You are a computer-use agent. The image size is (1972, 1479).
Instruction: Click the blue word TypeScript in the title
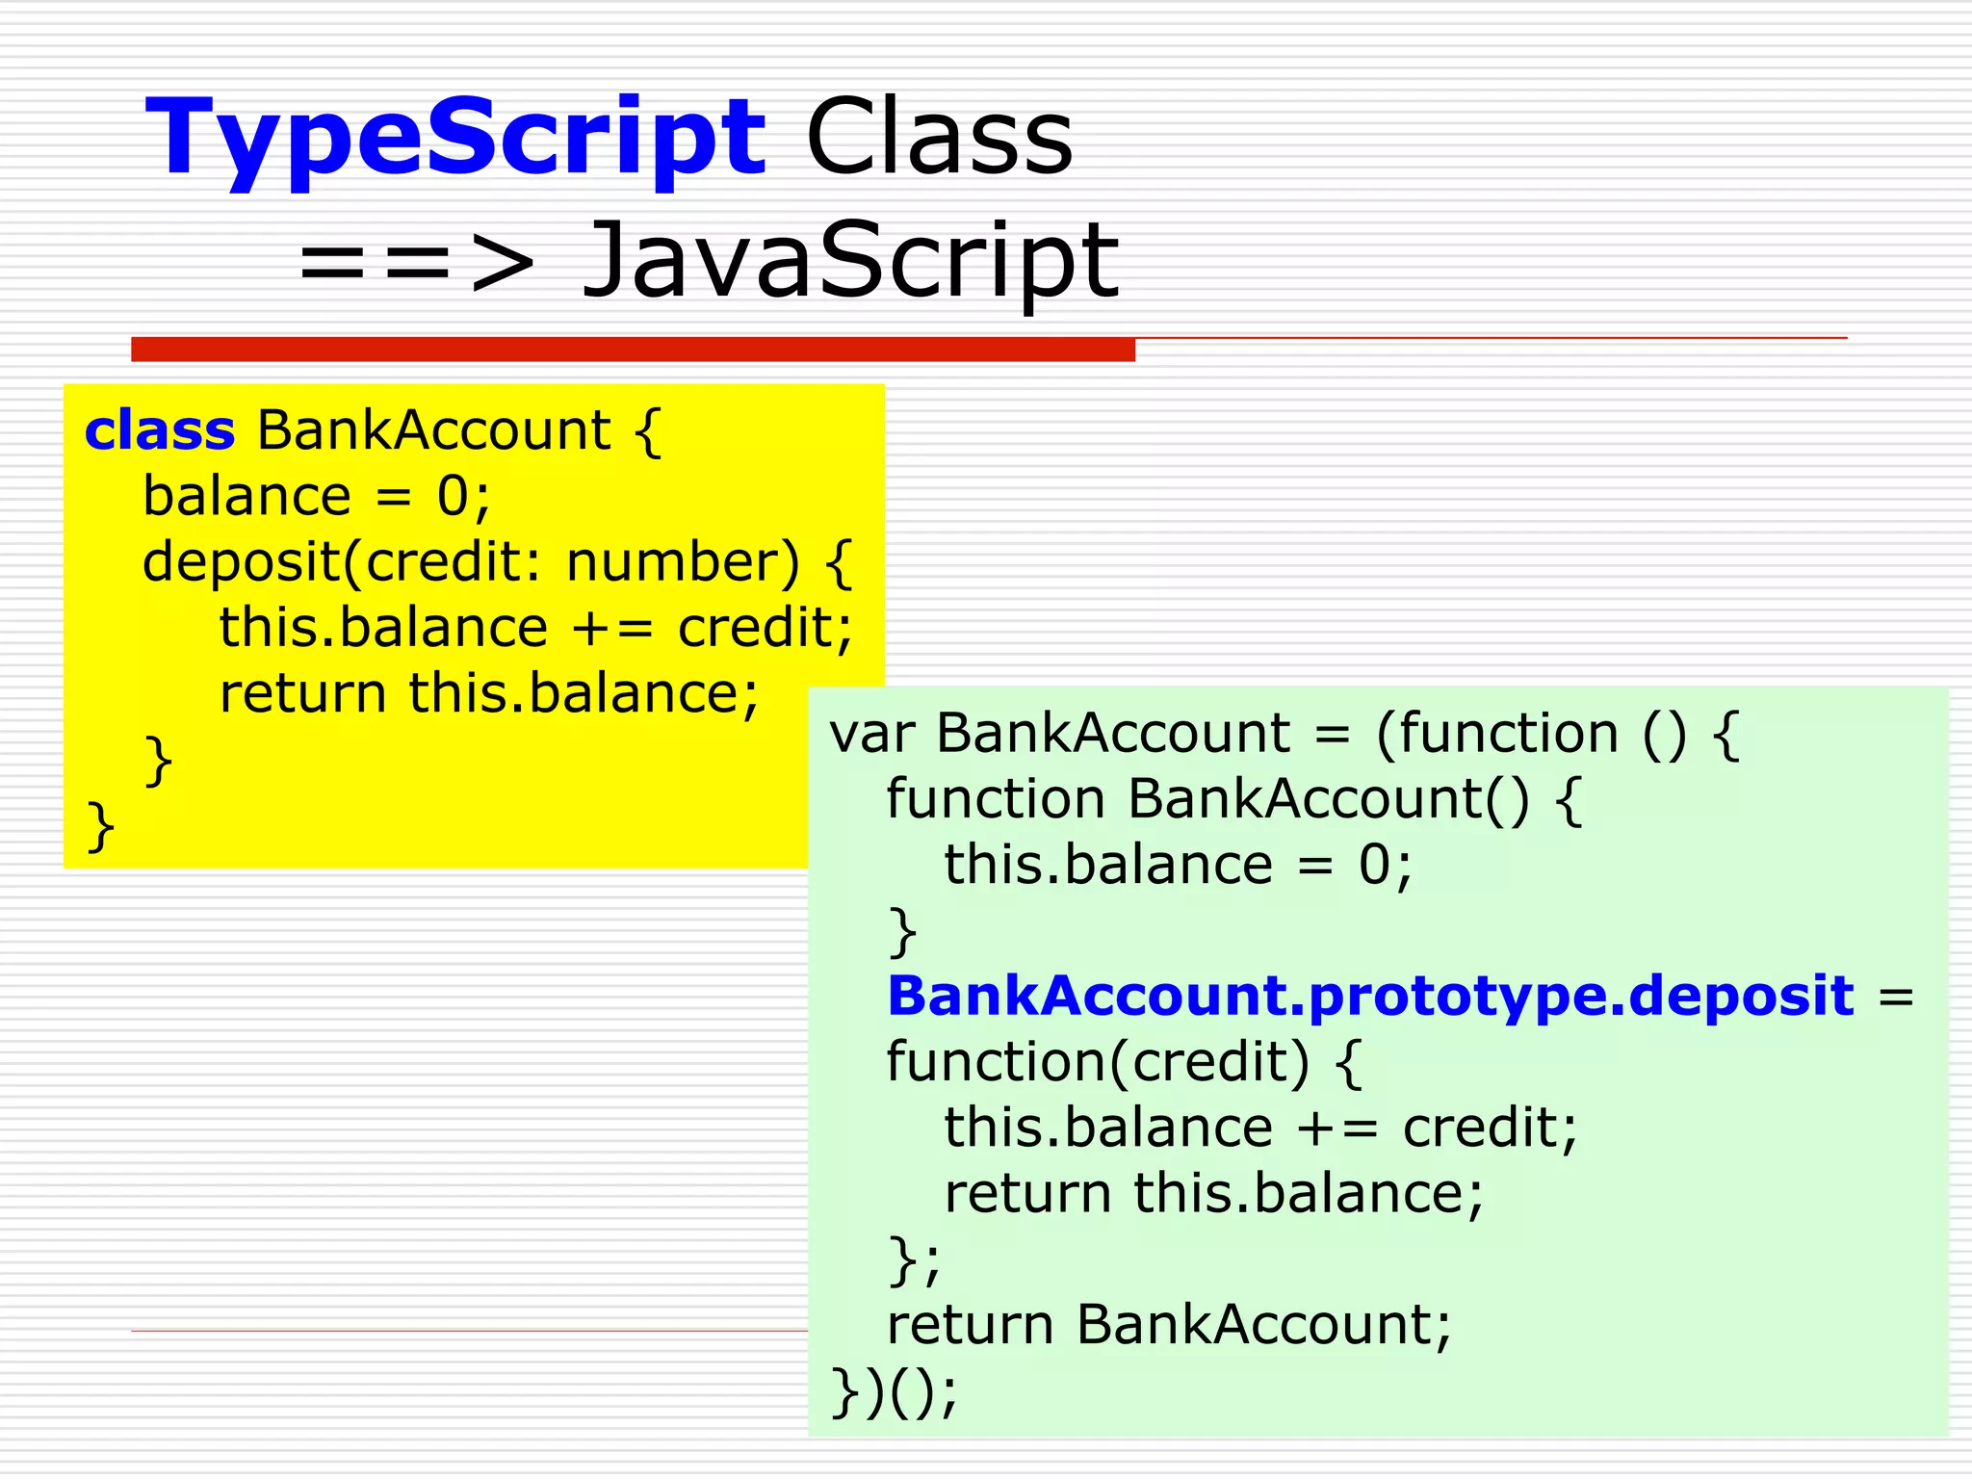[x=455, y=140]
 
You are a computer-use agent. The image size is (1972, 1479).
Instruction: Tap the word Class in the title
[x=939, y=140]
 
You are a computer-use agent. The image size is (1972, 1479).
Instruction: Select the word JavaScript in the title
[x=851, y=260]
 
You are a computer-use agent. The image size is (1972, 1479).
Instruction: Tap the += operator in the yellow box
[x=613, y=628]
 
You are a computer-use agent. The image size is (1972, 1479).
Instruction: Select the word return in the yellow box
[x=302, y=693]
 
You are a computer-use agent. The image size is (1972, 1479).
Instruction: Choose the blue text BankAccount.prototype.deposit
[x=1370, y=996]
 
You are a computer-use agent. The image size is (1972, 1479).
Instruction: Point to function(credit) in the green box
[x=1098, y=1062]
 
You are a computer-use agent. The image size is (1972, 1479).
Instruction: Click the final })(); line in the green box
[x=895, y=1391]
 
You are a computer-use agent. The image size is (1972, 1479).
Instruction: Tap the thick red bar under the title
[x=633, y=350]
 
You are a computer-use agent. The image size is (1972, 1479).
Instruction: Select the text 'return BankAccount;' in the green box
[x=1168, y=1325]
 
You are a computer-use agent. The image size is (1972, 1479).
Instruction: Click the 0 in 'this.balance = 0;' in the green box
[x=1374, y=865]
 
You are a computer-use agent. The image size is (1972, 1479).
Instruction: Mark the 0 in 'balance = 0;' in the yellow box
[x=453, y=497]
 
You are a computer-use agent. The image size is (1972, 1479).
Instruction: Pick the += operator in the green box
[x=1337, y=1128]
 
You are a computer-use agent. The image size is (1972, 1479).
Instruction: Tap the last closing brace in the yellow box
[x=101, y=826]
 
